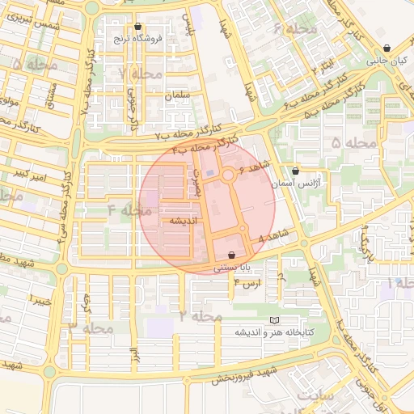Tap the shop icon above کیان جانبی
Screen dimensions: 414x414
click(x=389, y=48)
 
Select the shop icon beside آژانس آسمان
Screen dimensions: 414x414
click(x=295, y=171)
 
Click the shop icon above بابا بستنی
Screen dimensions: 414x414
click(x=231, y=254)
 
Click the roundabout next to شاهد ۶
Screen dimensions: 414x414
click(x=229, y=175)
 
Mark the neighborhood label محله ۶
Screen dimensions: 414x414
click(x=289, y=29)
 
